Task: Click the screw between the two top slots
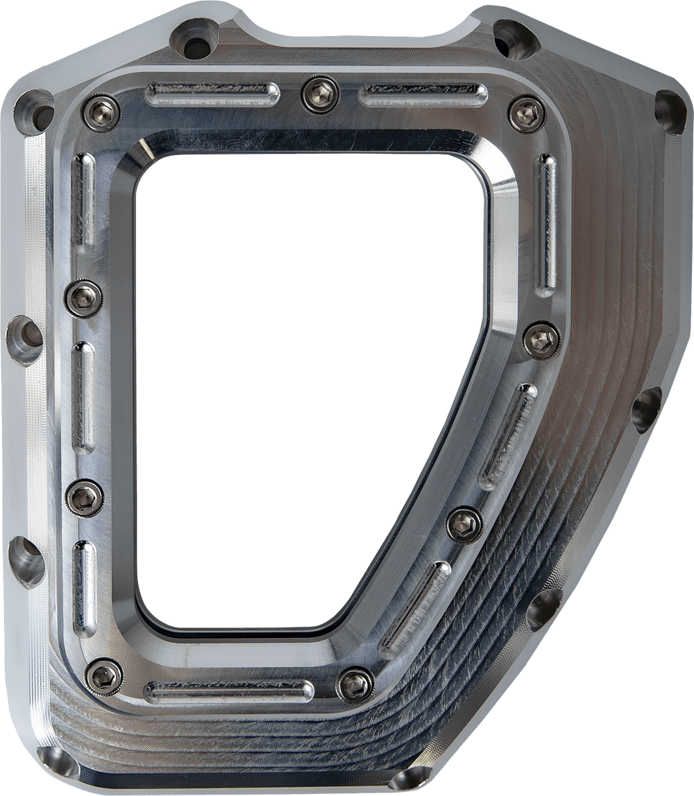320,94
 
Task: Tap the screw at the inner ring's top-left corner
101,112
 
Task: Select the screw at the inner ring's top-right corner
527,114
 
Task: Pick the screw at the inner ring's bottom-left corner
104,677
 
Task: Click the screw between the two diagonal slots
464,525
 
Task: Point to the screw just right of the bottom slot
355,685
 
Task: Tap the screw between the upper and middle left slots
84,299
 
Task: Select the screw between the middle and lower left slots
85,498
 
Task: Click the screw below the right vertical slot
541,340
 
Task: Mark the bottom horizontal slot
228,691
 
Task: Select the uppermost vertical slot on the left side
83,201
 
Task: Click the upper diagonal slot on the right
509,436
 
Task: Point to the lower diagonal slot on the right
415,609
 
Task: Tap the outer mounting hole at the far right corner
669,112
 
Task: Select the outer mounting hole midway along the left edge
25,340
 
